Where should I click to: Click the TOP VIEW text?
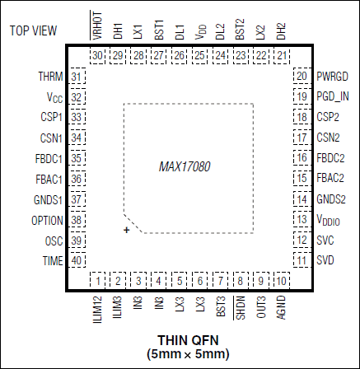[x=34, y=30]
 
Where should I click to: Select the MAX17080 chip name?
[x=185, y=166]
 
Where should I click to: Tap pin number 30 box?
[x=97, y=56]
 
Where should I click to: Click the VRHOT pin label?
[x=97, y=26]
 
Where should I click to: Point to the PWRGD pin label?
[x=333, y=77]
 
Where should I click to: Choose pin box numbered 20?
[x=302, y=76]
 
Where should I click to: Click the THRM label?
[x=50, y=77]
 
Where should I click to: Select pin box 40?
[x=77, y=260]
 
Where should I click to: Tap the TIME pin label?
[x=53, y=261]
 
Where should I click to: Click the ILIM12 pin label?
[x=97, y=310]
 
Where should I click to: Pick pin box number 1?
[x=98, y=281]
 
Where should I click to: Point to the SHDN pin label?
[x=241, y=308]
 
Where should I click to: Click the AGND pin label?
[x=281, y=307]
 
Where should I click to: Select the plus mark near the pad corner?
[x=126, y=230]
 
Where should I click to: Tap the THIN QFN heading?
[x=188, y=340]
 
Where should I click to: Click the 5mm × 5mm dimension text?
[x=188, y=354]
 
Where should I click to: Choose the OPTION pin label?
[x=47, y=221]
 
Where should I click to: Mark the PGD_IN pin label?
[x=333, y=96]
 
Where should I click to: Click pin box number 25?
[x=199, y=56]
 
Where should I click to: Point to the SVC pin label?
[x=325, y=241]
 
